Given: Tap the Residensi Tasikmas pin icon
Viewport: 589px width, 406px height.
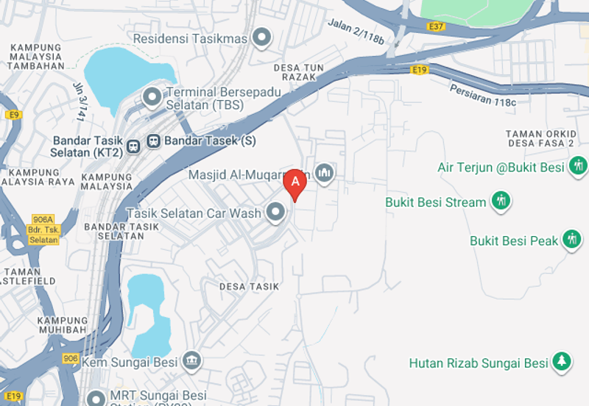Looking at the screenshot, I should point(261,36).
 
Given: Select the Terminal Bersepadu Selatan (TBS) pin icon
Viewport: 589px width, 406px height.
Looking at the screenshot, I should point(152,96).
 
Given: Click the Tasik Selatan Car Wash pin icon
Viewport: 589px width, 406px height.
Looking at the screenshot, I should point(276,213).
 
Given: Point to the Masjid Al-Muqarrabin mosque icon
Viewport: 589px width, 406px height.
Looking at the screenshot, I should point(324,174).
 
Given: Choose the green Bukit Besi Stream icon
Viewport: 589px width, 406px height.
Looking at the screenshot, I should point(501,201).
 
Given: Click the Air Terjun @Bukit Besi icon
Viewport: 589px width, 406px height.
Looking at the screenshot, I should point(578,166).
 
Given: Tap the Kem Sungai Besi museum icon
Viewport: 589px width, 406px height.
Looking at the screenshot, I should point(192,361).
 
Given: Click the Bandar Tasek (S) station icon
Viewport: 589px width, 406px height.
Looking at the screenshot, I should point(153,140).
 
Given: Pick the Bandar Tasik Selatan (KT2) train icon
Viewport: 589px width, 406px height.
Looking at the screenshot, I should point(134,146).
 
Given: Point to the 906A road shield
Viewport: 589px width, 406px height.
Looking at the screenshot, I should point(43,219).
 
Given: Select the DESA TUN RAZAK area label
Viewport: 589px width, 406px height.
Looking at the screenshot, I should point(298,71).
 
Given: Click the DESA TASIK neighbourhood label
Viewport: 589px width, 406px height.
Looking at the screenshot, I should point(249,286).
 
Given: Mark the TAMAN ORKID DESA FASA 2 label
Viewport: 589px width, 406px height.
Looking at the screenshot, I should point(539,138).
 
